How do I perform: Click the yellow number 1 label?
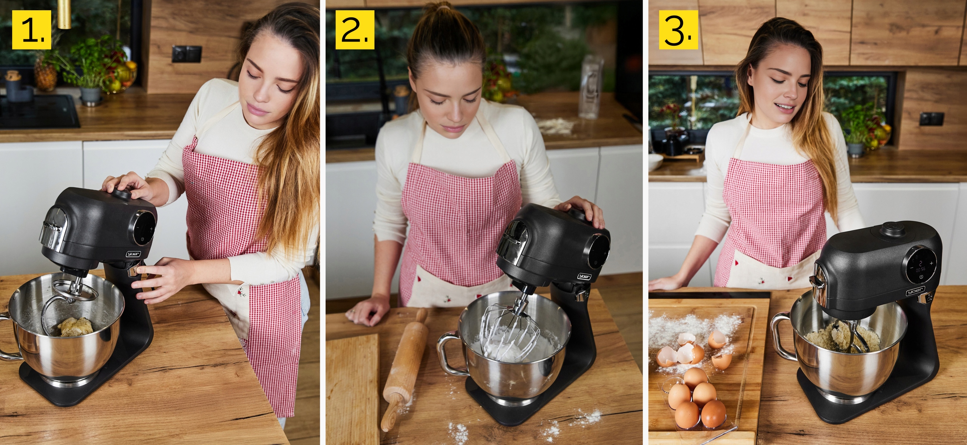pos(31,29)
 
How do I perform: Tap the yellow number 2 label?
pos(355,29)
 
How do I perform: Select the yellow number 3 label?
pos(678,29)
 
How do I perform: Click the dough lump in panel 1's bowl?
pos(76,326)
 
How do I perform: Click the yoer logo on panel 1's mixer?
pos(133,254)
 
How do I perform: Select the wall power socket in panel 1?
pos(187,54)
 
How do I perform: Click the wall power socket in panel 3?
pos(931,119)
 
